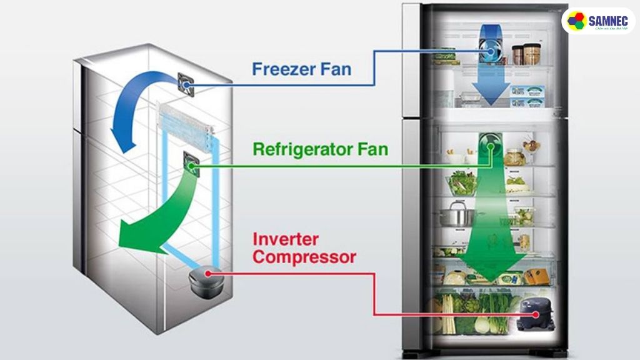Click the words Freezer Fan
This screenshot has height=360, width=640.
click(301, 68)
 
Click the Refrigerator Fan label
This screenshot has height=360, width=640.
click(320, 150)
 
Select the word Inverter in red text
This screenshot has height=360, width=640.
click(286, 239)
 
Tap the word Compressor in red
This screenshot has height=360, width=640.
click(304, 257)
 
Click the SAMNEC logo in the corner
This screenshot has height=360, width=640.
click(598, 21)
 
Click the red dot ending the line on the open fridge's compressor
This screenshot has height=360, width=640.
click(534, 315)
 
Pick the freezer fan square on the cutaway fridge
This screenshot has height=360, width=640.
click(186, 84)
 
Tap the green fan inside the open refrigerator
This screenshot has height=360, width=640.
click(491, 147)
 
